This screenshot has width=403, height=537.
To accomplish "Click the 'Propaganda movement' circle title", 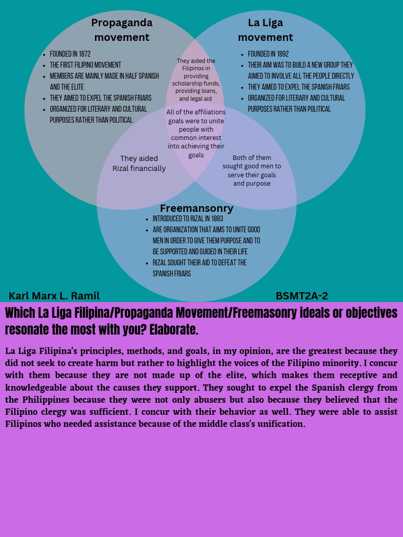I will pos(122,30).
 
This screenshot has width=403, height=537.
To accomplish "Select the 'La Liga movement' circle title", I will pos(265,30).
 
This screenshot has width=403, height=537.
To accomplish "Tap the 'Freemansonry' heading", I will pos(196,208).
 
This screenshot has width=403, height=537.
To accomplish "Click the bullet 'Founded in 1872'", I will pos(70,54).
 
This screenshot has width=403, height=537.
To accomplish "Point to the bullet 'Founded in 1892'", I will pos(268,54).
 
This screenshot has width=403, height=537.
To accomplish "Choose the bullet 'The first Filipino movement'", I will pos(86,65).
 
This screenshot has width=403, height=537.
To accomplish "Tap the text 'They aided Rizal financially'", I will pos(139,164).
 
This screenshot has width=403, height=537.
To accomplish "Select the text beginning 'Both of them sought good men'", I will pos(252,170).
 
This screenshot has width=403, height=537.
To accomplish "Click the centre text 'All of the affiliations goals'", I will pos(196,134).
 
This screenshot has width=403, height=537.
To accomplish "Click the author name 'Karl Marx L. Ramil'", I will pos(54,296).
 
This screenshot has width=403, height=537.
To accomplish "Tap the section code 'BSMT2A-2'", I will pos(302,296).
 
